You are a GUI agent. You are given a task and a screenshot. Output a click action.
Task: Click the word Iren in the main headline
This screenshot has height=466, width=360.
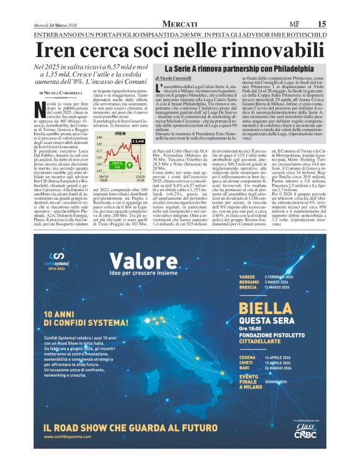tap(60, 50)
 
